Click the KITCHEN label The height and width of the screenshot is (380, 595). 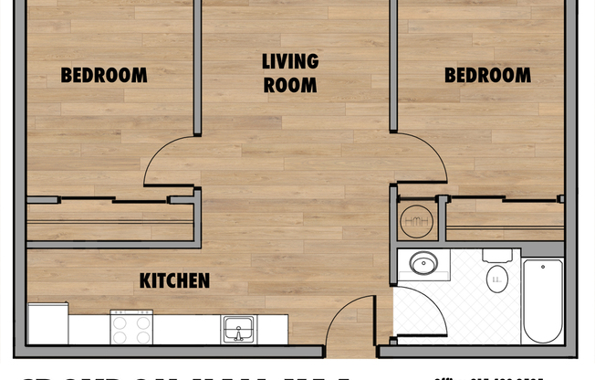[174, 280]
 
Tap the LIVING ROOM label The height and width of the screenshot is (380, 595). [290, 74]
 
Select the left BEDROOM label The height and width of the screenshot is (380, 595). [104, 75]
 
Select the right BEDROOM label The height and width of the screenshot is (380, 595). [487, 75]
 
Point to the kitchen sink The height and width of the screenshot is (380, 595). [238, 328]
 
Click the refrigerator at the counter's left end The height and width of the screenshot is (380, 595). [47, 324]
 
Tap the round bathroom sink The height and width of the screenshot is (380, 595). [423, 265]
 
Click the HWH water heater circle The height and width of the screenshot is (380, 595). [415, 219]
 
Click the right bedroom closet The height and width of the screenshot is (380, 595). [504, 220]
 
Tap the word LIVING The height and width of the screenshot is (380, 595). [290, 62]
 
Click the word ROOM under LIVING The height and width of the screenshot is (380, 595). [290, 86]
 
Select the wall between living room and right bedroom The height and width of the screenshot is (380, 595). [394, 64]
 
